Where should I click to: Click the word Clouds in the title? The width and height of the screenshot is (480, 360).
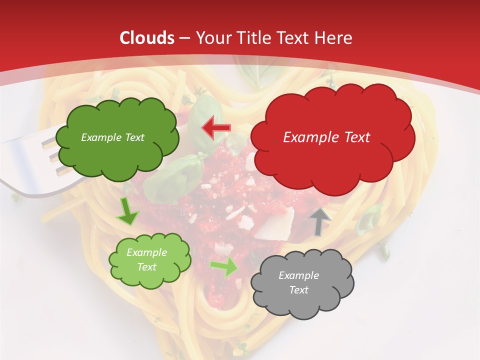(147, 38)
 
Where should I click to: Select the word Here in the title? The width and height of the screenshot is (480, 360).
(334, 38)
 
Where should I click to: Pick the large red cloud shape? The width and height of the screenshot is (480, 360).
(332, 160)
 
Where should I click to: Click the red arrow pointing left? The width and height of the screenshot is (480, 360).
(216, 128)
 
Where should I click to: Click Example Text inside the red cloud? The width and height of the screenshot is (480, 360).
(326, 137)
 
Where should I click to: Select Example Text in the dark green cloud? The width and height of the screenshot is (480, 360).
(112, 137)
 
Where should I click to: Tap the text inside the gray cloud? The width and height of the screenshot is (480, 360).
(298, 282)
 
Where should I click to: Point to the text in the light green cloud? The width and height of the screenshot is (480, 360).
(146, 259)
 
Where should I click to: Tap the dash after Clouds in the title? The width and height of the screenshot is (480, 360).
(183, 38)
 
